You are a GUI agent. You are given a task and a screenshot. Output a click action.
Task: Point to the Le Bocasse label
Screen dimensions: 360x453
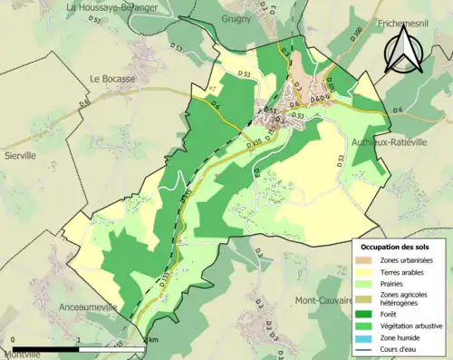click(x=111, y=78)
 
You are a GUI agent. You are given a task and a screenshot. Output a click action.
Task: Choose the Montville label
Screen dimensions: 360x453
click(x=22, y=354)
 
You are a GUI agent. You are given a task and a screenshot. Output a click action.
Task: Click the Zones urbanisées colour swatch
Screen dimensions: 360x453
click(x=367, y=260)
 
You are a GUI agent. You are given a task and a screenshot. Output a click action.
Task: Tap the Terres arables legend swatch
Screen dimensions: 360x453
click(x=367, y=271)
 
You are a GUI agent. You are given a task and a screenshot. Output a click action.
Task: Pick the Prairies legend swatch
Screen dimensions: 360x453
click(x=367, y=282)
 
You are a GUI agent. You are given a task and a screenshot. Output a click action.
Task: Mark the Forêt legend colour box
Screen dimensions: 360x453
click(x=367, y=312)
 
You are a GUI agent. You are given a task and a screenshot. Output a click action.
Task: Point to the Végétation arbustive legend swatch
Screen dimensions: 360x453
click(x=367, y=323)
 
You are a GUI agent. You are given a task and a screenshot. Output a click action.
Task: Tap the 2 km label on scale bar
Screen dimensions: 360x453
click(x=150, y=339)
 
